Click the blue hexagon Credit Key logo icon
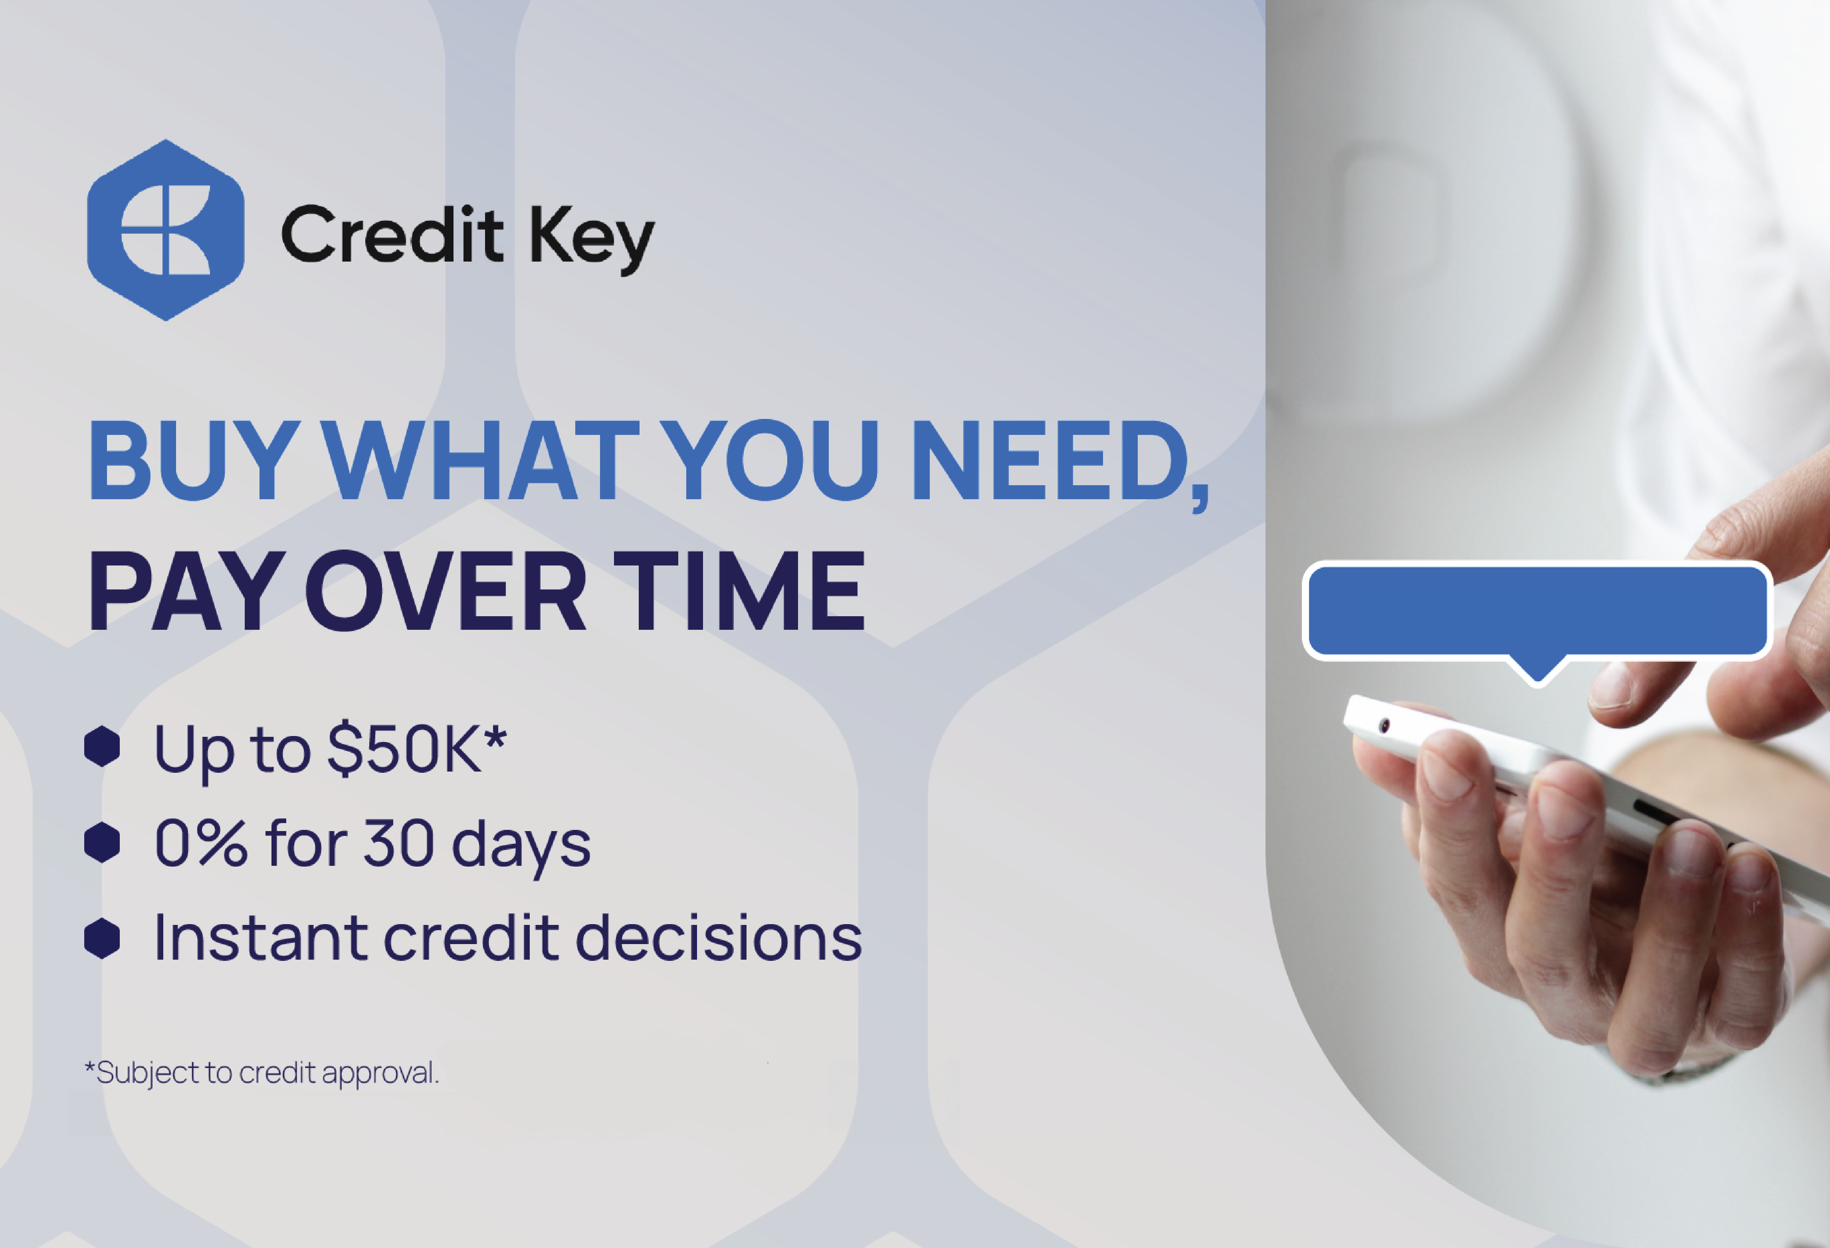point(165,230)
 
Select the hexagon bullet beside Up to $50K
point(101,746)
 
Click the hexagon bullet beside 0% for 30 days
point(101,842)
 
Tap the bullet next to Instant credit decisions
point(101,938)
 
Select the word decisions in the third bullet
point(719,938)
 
